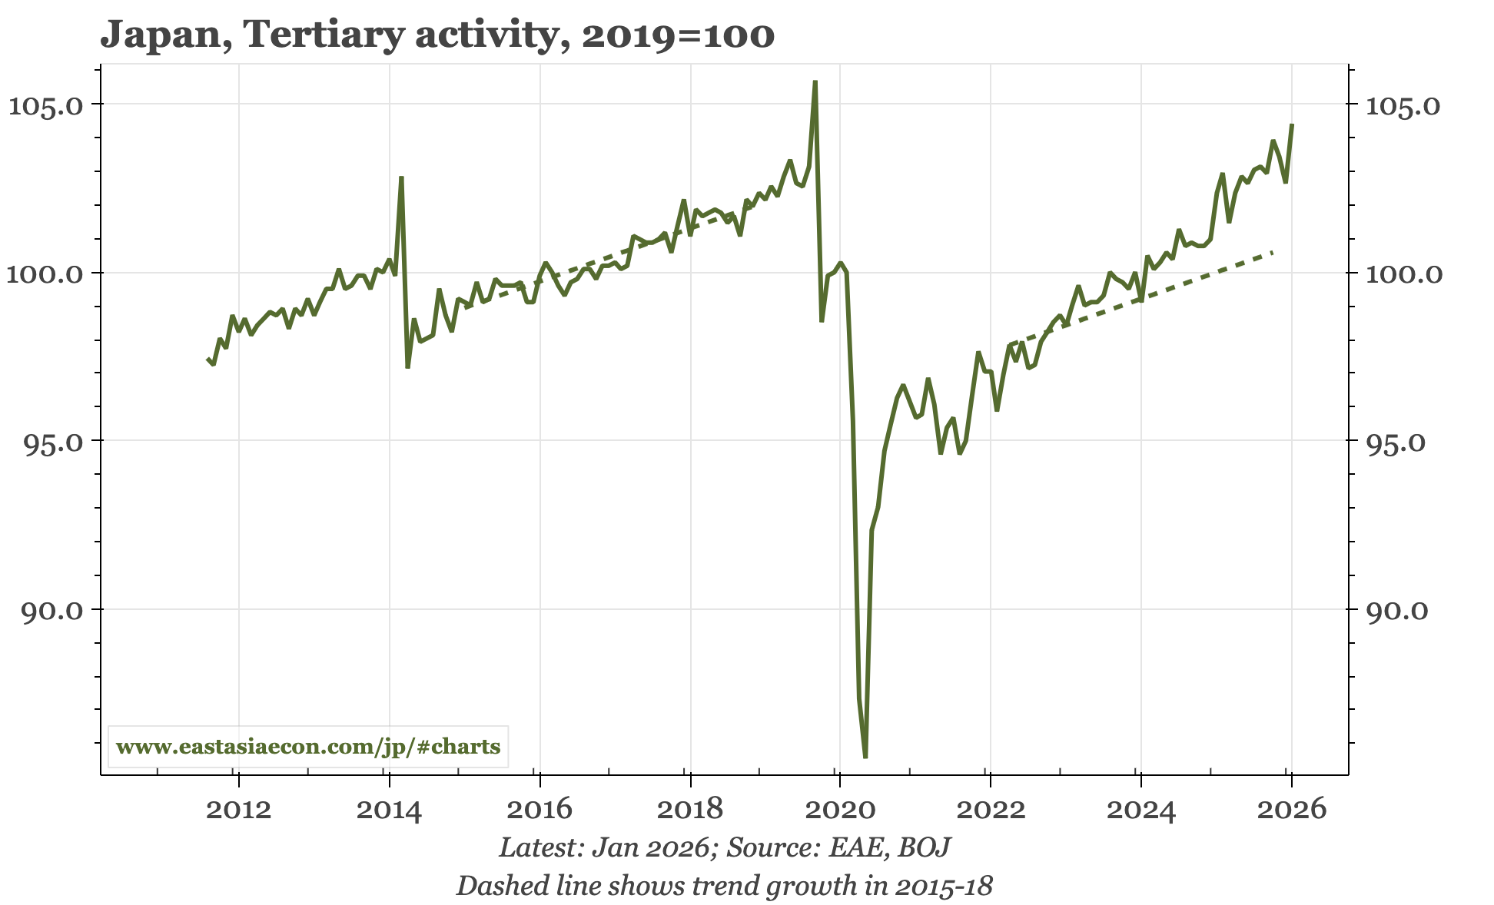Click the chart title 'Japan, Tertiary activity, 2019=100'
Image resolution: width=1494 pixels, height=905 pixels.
coord(437,35)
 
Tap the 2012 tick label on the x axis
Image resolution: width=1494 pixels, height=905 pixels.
coord(239,809)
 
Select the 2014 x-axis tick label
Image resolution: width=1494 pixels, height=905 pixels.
coord(389,809)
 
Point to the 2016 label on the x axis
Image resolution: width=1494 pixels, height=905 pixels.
coord(539,809)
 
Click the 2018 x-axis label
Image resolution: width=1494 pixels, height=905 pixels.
coord(690,809)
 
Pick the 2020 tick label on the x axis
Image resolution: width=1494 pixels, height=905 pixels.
coord(840,809)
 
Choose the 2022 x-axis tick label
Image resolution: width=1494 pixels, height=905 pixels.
coord(991,809)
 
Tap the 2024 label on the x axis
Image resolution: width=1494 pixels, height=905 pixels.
coord(1141,809)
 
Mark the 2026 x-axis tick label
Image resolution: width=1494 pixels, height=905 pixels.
coord(1291,809)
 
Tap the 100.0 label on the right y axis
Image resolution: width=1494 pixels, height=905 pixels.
coord(1403,273)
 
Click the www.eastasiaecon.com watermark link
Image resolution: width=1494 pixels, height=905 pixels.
coord(308,747)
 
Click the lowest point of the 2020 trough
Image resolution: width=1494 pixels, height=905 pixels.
coord(865,757)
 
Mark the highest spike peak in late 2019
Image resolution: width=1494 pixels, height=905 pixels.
coord(815,81)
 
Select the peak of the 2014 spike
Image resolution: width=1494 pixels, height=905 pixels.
coord(401,177)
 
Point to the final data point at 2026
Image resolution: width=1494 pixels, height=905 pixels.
coord(1292,124)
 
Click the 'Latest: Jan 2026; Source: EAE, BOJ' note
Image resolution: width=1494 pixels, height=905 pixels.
coord(725,847)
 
